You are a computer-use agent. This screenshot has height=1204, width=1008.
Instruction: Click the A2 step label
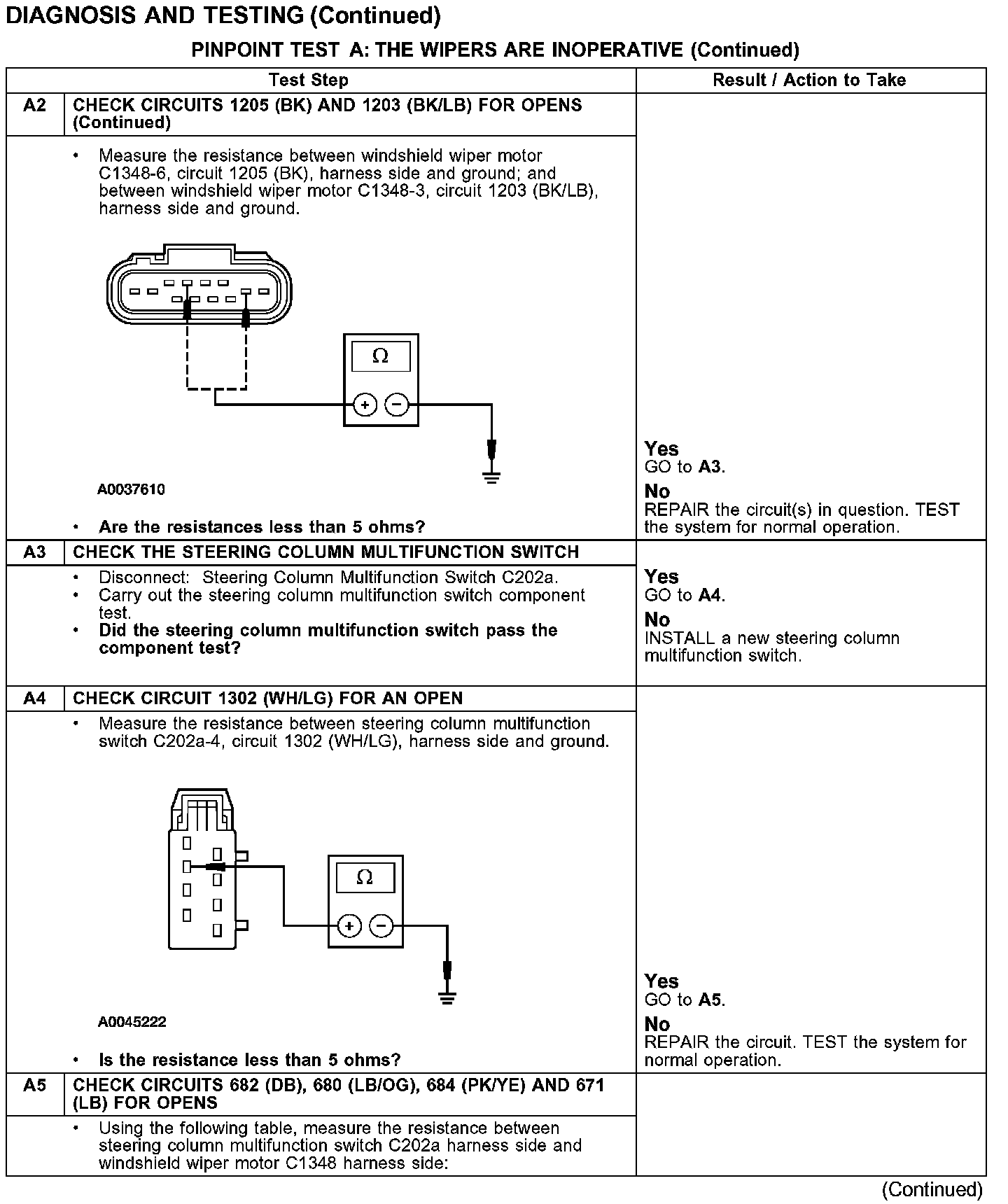[34, 106]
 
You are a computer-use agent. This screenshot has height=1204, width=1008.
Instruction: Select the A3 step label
[34, 552]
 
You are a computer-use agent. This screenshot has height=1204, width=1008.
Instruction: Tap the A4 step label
[34, 699]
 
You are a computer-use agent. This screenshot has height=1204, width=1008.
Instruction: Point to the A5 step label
[34, 1086]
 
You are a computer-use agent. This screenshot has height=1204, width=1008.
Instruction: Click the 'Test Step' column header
[308, 80]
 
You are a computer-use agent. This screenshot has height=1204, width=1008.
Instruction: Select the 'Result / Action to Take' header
[809, 80]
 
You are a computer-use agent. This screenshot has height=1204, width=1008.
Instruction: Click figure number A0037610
[132, 490]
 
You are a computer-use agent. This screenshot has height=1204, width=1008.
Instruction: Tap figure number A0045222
[132, 1022]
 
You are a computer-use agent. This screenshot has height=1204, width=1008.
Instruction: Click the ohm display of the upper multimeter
[380, 356]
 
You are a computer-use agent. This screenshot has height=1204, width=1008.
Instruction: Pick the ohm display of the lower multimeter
[365, 878]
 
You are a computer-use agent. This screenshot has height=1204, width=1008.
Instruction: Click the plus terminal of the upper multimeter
[365, 405]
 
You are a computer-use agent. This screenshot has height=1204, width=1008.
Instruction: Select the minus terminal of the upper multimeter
[397, 405]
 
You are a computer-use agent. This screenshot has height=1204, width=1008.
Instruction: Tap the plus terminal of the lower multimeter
[349, 926]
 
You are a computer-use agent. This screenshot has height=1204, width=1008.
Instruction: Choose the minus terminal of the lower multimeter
[381, 926]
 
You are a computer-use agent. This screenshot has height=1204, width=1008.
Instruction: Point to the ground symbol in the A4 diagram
[447, 997]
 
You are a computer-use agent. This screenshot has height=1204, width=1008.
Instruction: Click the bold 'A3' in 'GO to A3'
[710, 467]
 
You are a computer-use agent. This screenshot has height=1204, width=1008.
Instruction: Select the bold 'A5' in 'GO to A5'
[710, 1000]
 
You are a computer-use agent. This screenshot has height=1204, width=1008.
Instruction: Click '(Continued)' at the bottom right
[932, 1189]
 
